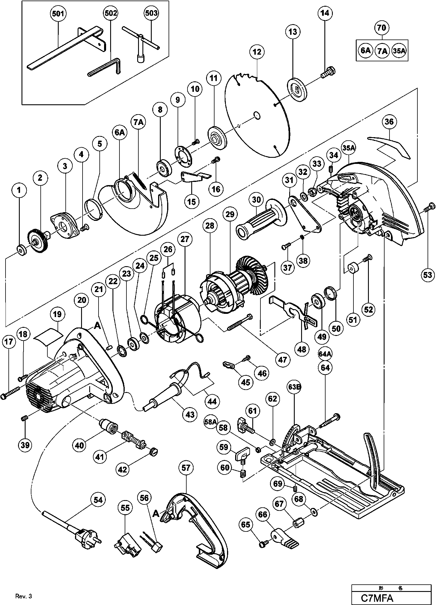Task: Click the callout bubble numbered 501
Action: pyautogui.click(x=58, y=14)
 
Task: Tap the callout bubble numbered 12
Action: pyautogui.click(x=257, y=52)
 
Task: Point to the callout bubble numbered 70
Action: pyautogui.click(x=381, y=28)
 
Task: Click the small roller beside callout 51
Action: pyautogui.click(x=353, y=267)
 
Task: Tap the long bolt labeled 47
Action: pyautogui.click(x=239, y=322)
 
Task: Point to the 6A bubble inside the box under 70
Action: pyautogui.click(x=366, y=51)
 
